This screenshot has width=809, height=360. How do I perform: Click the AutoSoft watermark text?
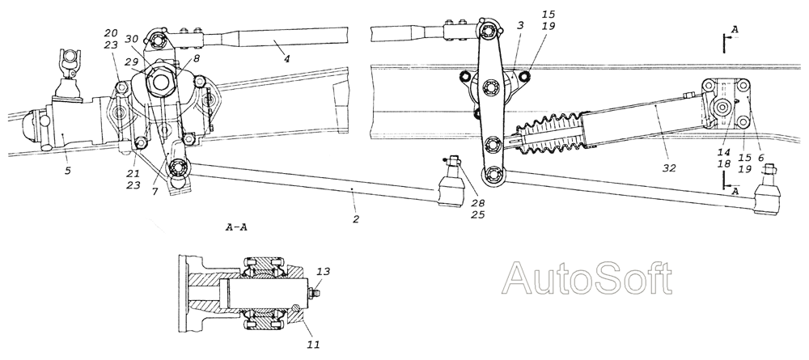pyautogui.click(x=587, y=278)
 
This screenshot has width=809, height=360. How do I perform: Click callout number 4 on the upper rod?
pyautogui.click(x=286, y=58)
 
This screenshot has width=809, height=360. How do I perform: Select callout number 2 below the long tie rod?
pyautogui.click(x=355, y=219)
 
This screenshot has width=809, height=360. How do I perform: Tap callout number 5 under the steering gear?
pyautogui.click(x=67, y=171)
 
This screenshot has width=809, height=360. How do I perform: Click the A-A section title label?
pyautogui.click(x=236, y=227)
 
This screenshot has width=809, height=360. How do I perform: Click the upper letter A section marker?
pyautogui.click(x=735, y=30)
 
